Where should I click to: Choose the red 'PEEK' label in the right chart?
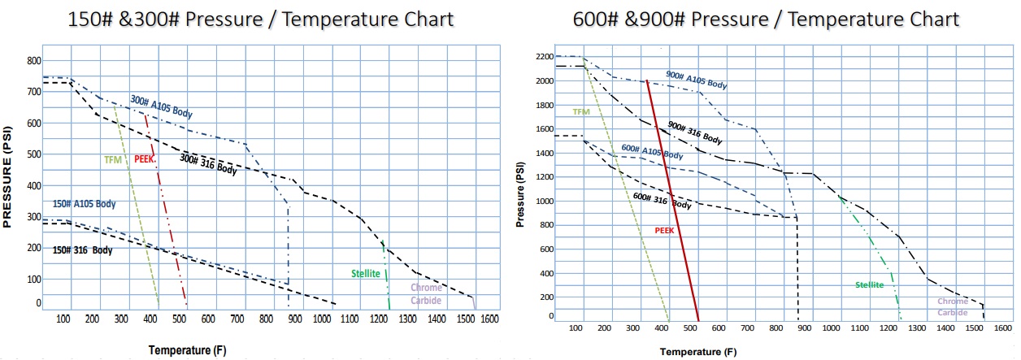pyautogui.click(x=665, y=231)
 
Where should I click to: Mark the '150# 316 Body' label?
pyautogui.click(x=82, y=250)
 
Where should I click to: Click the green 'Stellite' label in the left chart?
pyautogui.click(x=367, y=273)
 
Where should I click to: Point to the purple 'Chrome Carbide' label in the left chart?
pyautogui.click(x=426, y=293)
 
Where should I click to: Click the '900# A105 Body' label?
pyautogui.click(x=696, y=80)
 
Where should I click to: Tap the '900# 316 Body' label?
pyautogui.click(x=694, y=132)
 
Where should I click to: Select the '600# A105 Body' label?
pyautogui.click(x=651, y=151)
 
